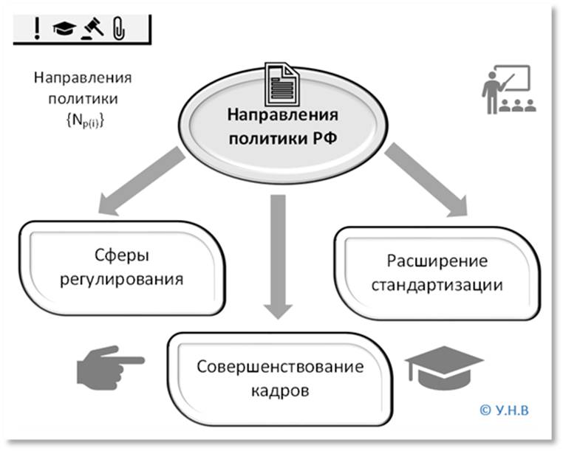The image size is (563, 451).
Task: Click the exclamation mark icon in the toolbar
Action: pos(36,29)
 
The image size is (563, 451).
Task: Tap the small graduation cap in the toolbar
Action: pos(64,29)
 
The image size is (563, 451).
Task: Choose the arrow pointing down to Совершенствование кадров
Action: pos(278,255)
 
